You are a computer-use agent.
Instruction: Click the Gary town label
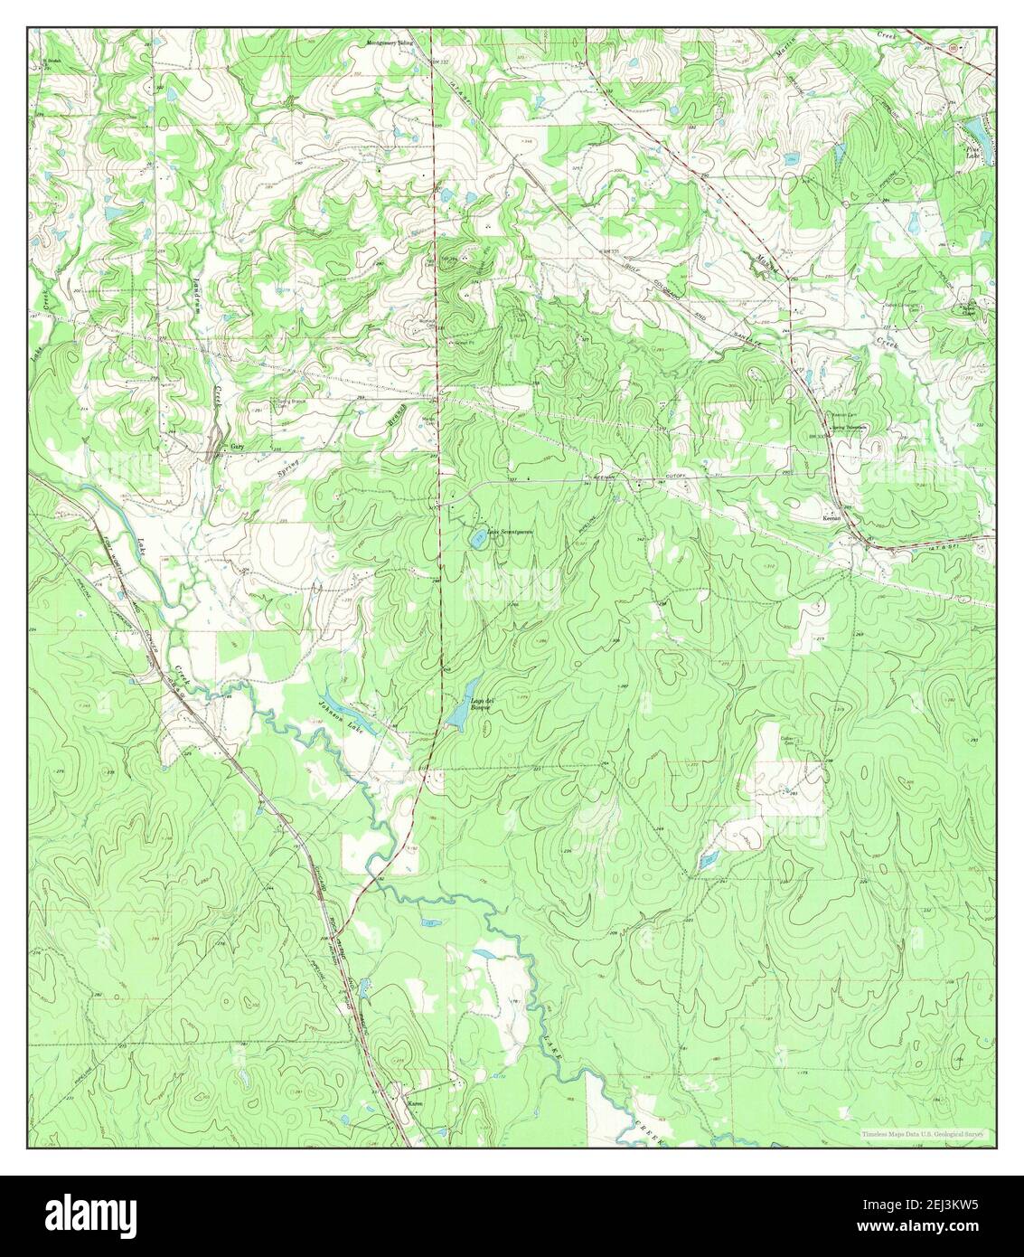click(x=237, y=447)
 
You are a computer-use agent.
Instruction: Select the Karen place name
click(x=415, y=1105)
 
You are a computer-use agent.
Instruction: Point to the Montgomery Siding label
click(x=394, y=43)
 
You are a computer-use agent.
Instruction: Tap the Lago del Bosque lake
click(x=457, y=714)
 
